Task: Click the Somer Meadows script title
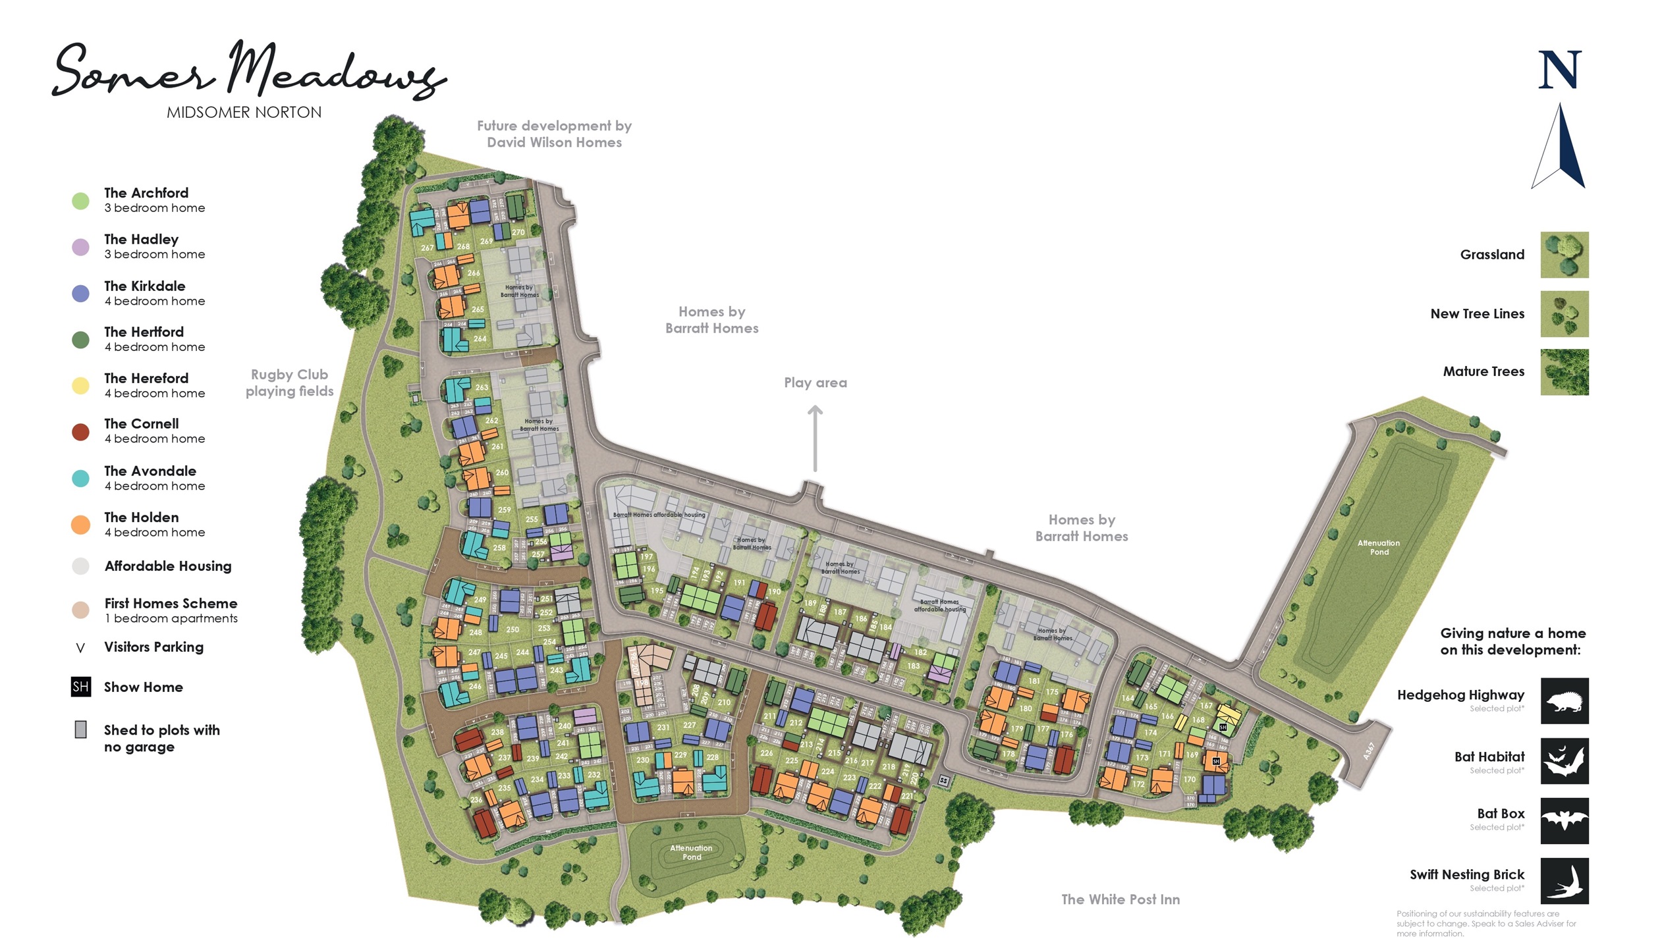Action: click(x=249, y=71)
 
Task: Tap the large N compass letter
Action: click(x=1559, y=70)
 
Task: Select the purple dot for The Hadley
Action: click(x=80, y=247)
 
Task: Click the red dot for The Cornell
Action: click(x=80, y=432)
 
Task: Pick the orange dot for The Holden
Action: click(x=80, y=525)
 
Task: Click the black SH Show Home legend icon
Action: click(x=80, y=687)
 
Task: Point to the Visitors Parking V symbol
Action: click(x=80, y=648)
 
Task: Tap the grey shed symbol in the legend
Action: click(x=80, y=729)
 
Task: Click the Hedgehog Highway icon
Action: click(x=1564, y=701)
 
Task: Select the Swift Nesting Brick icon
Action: click(x=1564, y=880)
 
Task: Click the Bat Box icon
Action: click(x=1564, y=820)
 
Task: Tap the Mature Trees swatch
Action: click(x=1564, y=372)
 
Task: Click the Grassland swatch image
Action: click(x=1564, y=255)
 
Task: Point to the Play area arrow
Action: click(x=815, y=438)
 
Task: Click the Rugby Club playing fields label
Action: click(x=290, y=383)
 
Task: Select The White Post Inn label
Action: click(x=1120, y=899)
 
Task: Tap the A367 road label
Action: click(x=1369, y=751)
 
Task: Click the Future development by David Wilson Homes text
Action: click(x=554, y=134)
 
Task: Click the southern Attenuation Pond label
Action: click(x=691, y=852)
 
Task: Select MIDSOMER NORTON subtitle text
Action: click(x=244, y=113)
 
